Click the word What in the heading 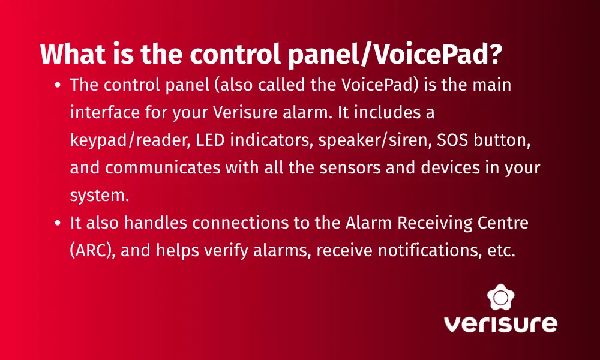click(73, 54)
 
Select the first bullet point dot click(58, 85)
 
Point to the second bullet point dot click(58, 223)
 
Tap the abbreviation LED click(210, 140)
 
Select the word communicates click(163, 168)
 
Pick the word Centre click(503, 223)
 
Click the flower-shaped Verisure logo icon click(500, 297)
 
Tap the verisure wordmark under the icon click(500, 323)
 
